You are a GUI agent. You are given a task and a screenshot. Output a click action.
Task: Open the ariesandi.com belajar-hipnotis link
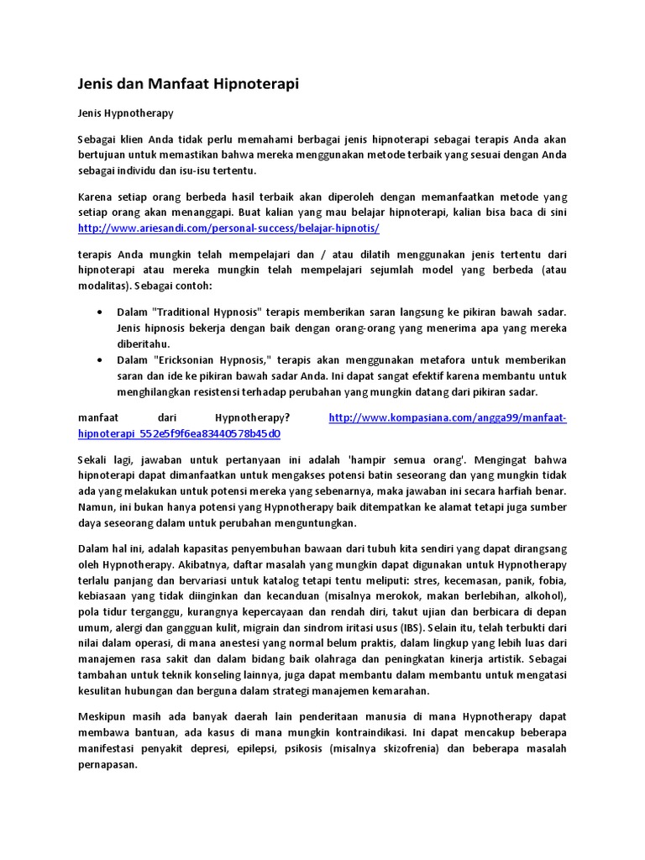pos(229,228)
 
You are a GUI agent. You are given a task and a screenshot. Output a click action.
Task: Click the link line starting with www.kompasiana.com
pos(448,417)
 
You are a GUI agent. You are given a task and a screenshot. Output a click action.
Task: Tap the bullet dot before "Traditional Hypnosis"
pos(101,312)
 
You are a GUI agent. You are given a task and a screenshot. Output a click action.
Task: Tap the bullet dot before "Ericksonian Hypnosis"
pos(101,359)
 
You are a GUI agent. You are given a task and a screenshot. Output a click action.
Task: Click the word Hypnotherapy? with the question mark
pos(253,417)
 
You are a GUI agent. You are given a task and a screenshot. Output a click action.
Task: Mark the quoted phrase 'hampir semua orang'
pos(406,460)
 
